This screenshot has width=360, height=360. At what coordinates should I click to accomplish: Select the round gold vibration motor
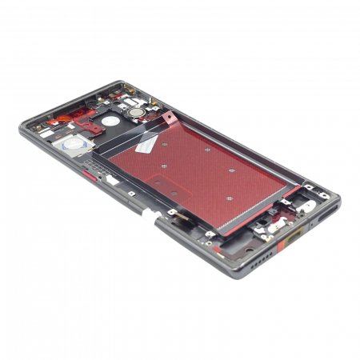click(140, 113)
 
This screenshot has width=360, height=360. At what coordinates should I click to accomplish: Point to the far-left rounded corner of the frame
click(24, 128)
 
